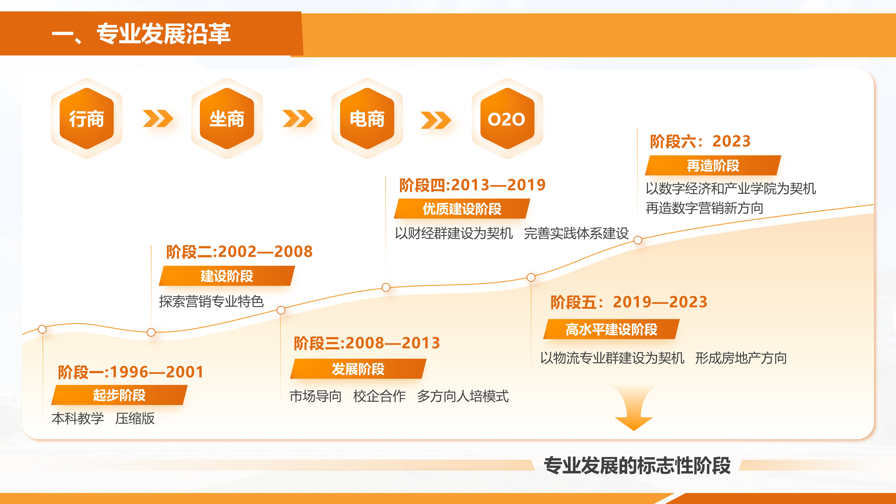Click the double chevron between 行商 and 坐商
158,119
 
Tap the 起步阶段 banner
119,395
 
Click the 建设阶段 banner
227,276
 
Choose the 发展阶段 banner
358,369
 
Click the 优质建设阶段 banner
462,209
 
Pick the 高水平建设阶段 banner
612,329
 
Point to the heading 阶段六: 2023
700,141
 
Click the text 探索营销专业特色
211,301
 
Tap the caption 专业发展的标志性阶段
637,465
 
